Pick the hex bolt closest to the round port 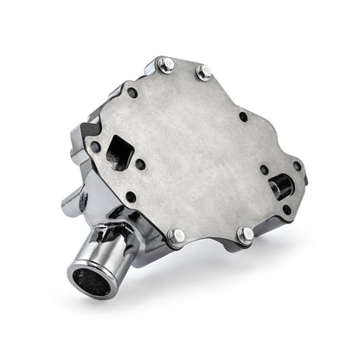[246, 233]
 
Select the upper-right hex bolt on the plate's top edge [204, 72]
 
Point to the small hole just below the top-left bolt [132, 93]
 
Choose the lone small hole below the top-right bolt [243, 116]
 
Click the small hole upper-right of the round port [297, 165]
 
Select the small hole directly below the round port [286, 209]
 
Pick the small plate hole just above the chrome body [131, 196]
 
